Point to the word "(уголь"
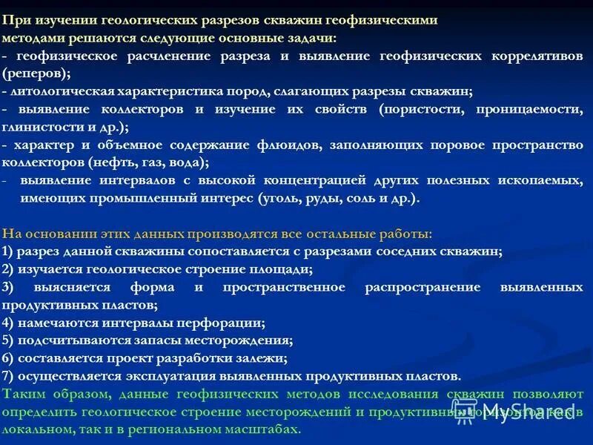279,198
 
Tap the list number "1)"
7,251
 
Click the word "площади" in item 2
274,269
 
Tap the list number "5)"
7,340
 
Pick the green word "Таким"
21,394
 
